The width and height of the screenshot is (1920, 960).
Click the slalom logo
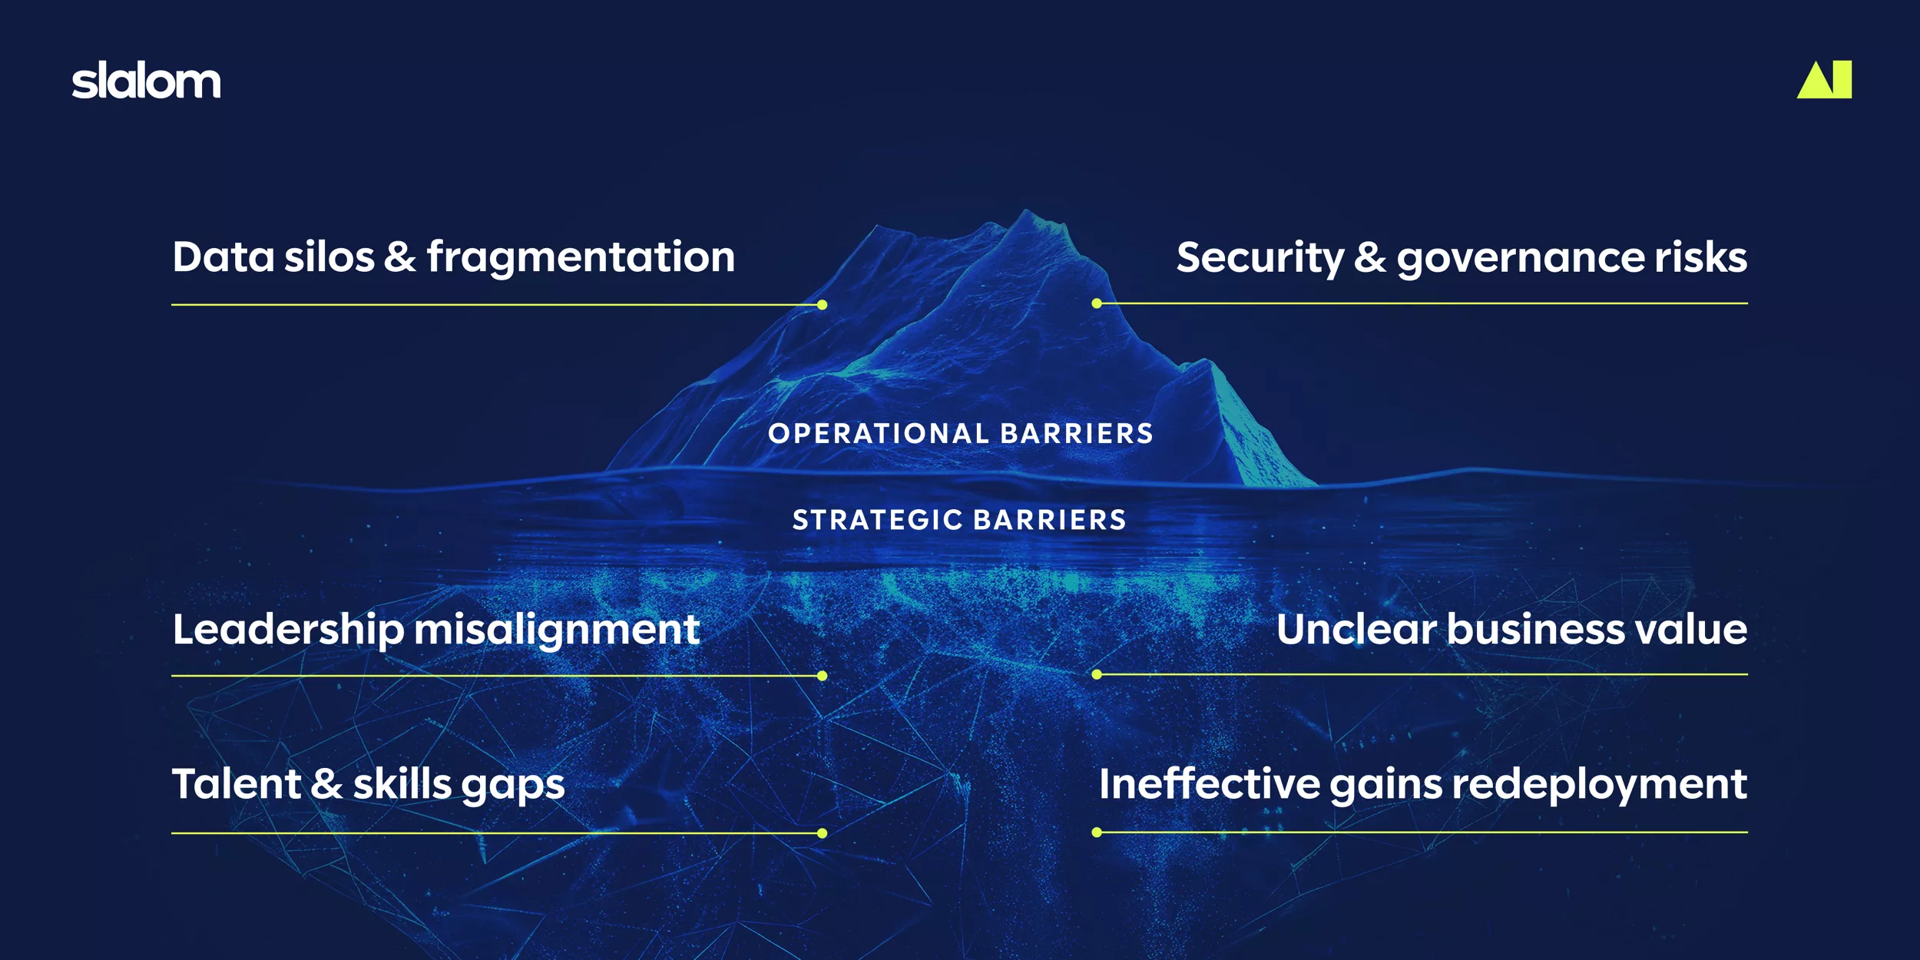click(146, 81)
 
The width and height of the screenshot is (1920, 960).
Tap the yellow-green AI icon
click(1824, 79)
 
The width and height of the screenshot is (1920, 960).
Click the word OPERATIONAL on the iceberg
click(879, 434)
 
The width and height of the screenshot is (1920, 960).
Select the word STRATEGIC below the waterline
click(878, 520)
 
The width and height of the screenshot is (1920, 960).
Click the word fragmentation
click(581, 258)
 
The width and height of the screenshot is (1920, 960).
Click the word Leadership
click(288, 631)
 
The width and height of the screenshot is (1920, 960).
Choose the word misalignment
click(557, 631)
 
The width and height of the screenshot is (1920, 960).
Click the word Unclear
click(1356, 630)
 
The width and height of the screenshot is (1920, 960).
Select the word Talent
click(237, 785)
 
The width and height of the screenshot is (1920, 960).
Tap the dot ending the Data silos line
click(822, 305)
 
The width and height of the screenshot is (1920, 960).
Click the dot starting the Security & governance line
click(1097, 303)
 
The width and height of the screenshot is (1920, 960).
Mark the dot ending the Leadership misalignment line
click(822, 676)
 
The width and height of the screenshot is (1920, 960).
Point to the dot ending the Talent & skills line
click(822, 833)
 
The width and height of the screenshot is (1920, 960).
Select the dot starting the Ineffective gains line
click(1097, 833)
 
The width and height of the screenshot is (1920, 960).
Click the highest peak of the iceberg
click(1026, 210)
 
